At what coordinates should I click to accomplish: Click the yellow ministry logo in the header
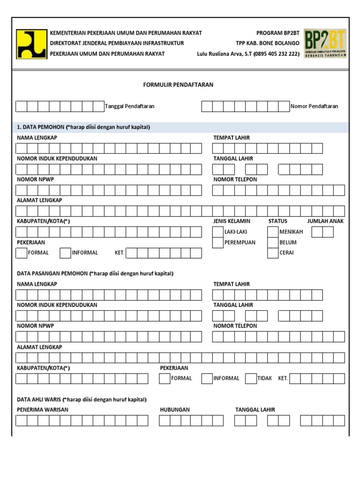pos(31,44)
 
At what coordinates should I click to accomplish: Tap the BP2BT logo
pos(325,43)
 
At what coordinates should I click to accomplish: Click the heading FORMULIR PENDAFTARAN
pos(178,85)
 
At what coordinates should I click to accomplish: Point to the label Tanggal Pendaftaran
pos(130,106)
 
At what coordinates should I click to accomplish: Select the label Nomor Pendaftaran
pos(314,106)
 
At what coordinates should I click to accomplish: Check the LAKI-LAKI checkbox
pos(217,232)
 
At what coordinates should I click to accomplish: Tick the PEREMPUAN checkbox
pos(217,242)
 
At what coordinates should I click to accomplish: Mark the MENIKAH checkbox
pos(273,232)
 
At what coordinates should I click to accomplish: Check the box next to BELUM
pos(273,242)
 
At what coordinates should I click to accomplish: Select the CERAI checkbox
pos(273,253)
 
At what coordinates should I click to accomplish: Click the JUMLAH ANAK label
pos(325,221)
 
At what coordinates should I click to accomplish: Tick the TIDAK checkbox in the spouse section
pos(250,378)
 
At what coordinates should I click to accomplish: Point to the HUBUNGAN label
pos(175,410)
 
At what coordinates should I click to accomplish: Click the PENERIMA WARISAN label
pos(43,410)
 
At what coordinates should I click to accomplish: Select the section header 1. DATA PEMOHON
pos(83,127)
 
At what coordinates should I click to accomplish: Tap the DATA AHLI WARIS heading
pos(82,399)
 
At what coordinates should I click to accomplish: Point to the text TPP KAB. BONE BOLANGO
pos(268,43)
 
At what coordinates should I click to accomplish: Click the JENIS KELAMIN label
pos(232,221)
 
